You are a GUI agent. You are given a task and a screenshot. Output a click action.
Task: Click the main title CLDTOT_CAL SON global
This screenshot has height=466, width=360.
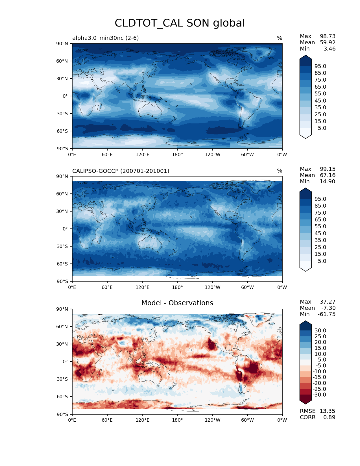(x=180, y=23)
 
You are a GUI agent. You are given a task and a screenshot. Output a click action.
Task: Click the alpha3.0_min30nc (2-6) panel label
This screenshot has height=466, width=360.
(x=105, y=38)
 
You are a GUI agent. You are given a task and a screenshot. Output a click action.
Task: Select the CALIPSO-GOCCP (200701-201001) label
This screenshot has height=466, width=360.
(x=121, y=171)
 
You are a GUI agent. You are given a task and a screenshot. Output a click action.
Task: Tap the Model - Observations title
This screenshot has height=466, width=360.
(x=177, y=303)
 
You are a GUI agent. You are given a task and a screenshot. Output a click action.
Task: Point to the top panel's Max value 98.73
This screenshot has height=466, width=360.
(x=328, y=36)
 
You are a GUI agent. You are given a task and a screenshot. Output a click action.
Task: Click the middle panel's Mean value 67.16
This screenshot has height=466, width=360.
(x=328, y=175)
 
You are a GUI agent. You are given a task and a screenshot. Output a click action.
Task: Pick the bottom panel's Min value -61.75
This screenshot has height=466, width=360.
(x=326, y=314)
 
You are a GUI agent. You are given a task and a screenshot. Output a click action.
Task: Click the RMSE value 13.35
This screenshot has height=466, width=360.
(x=327, y=411)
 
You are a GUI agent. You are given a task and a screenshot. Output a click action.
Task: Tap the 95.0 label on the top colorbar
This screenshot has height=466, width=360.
(x=320, y=66)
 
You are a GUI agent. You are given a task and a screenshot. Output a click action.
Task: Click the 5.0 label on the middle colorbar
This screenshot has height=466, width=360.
(x=322, y=261)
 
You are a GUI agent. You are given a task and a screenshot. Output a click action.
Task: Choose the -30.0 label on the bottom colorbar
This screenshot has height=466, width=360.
(x=319, y=395)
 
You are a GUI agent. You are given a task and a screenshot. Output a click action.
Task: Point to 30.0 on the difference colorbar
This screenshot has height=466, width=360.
(x=320, y=330)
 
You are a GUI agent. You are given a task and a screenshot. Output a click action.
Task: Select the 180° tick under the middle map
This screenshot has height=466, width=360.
(x=177, y=288)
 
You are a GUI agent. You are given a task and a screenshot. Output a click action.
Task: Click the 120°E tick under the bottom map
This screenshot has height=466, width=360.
(x=142, y=420)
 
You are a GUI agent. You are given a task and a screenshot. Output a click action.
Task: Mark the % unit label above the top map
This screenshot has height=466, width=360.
(x=280, y=38)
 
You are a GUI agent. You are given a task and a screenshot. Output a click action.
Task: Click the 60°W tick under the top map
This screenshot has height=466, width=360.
(x=247, y=155)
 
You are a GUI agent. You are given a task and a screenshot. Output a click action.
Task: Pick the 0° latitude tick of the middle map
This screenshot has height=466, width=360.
(x=65, y=229)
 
